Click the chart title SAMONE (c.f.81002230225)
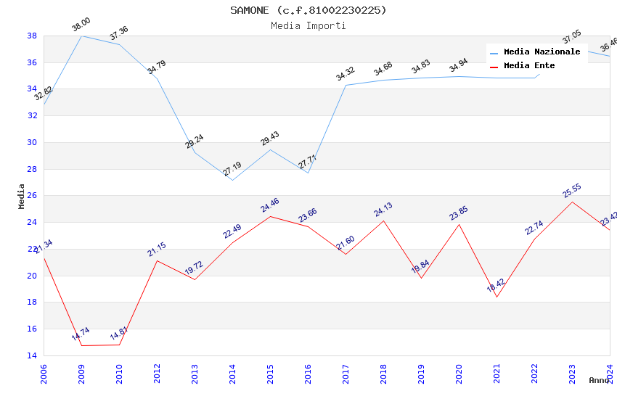[308, 10]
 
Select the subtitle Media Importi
[308, 25]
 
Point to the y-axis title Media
[22, 196]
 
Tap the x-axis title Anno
[599, 380]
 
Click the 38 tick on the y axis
[32, 36]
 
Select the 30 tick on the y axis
[32, 142]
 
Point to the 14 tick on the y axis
[32, 355]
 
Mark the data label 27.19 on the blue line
[232, 169]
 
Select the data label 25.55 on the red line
[572, 190]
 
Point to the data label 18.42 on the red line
[496, 286]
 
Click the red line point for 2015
[270, 216]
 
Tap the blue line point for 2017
[346, 85]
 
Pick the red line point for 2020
[459, 224]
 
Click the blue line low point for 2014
[232, 180]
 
